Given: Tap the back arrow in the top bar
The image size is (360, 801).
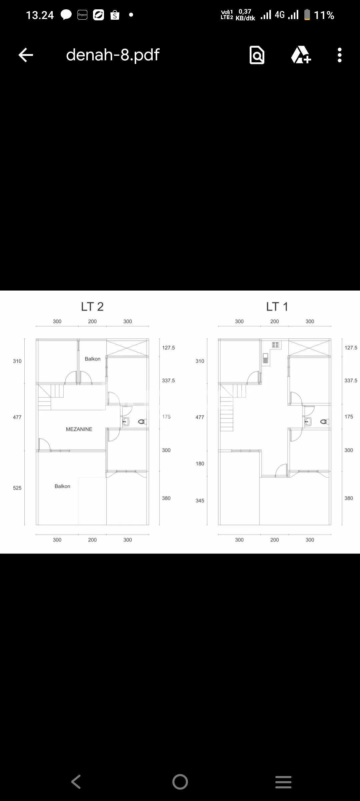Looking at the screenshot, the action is (26, 55).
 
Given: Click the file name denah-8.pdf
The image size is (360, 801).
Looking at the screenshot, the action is (113, 55).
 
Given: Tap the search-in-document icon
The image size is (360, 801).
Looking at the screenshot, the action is (257, 55).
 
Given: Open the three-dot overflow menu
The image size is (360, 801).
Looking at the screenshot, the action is (340, 55).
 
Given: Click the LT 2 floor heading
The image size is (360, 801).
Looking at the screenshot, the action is (92, 307).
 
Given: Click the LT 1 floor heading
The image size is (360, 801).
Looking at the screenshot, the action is (277, 307).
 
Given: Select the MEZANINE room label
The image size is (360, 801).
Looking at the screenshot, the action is (79, 429).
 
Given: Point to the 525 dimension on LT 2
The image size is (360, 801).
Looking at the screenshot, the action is (17, 488).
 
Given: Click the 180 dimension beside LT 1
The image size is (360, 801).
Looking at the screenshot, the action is (200, 463).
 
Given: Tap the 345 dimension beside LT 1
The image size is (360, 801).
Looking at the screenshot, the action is (200, 500).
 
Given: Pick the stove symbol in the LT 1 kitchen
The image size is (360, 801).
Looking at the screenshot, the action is (275, 345).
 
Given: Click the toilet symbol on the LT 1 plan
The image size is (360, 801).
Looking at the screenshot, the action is (325, 422).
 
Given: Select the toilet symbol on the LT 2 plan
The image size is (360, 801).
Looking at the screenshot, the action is (142, 422).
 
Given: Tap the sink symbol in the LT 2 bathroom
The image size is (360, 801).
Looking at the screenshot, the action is (126, 422).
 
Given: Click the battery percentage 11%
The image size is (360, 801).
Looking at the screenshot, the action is (324, 15).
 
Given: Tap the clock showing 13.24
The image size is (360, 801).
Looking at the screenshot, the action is (40, 15).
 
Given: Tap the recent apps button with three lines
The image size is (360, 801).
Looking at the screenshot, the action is (283, 782).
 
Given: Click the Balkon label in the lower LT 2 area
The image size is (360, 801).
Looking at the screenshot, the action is (62, 486).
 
